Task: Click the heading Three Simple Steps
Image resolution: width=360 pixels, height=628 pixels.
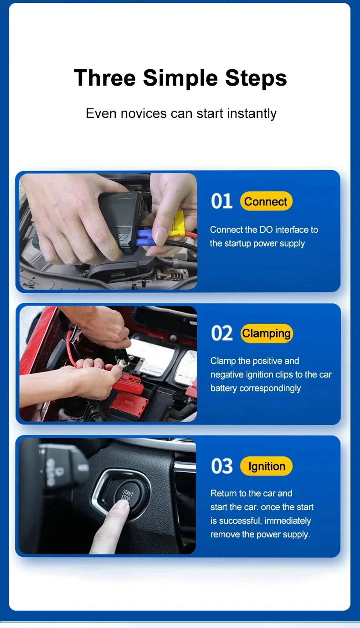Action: [180, 77]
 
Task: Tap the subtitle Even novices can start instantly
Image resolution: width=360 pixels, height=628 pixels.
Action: [181, 113]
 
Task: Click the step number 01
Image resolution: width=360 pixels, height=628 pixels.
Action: [221, 201]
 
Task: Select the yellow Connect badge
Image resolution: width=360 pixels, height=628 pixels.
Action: [266, 201]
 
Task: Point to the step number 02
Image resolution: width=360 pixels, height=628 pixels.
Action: [221, 333]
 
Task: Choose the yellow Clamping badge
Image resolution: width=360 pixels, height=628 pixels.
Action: [266, 333]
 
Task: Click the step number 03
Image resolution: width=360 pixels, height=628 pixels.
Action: [221, 466]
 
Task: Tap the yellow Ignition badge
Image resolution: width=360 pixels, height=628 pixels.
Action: [266, 466]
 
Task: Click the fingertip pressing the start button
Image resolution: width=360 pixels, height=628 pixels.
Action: [119, 505]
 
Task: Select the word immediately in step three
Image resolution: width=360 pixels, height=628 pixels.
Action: [288, 521]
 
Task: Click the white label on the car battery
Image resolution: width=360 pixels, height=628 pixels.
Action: [150, 353]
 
